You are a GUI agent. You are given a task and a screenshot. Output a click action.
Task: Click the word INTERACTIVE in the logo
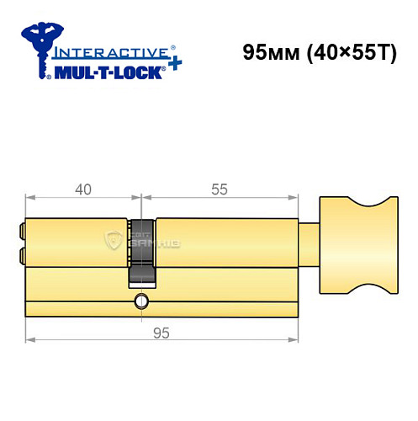click(105, 52)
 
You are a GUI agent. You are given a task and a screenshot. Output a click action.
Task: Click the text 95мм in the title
click(267, 53)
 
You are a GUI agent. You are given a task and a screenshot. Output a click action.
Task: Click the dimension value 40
click(82, 189)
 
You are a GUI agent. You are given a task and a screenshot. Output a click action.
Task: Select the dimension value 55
click(219, 189)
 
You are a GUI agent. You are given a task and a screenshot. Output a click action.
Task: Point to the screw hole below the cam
click(141, 301)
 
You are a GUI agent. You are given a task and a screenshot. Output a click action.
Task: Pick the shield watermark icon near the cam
click(113, 241)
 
